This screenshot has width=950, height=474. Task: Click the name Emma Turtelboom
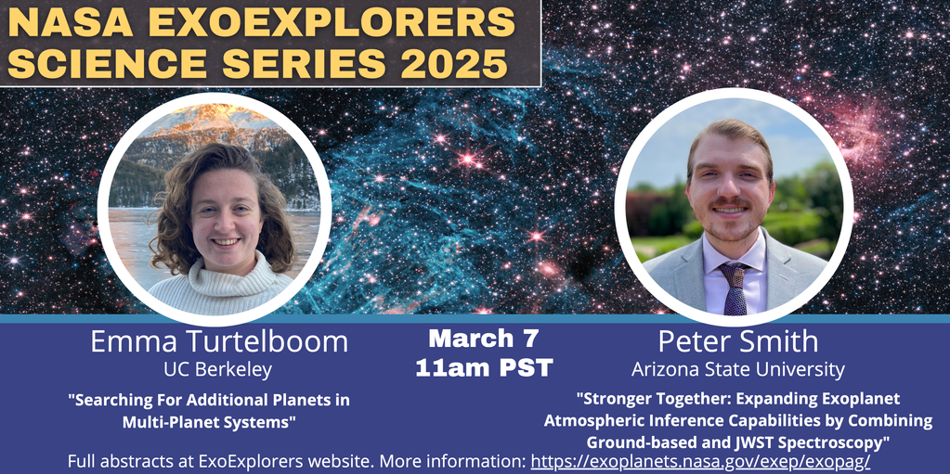click(x=219, y=341)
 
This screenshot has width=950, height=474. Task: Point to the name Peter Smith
click(x=738, y=340)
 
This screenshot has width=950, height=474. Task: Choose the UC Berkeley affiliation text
click(x=218, y=369)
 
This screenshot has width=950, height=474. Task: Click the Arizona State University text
click(x=738, y=369)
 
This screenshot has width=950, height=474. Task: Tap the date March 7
click(x=484, y=339)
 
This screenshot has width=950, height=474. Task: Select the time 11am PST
click(x=484, y=368)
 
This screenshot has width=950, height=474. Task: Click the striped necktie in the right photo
click(x=734, y=288)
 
